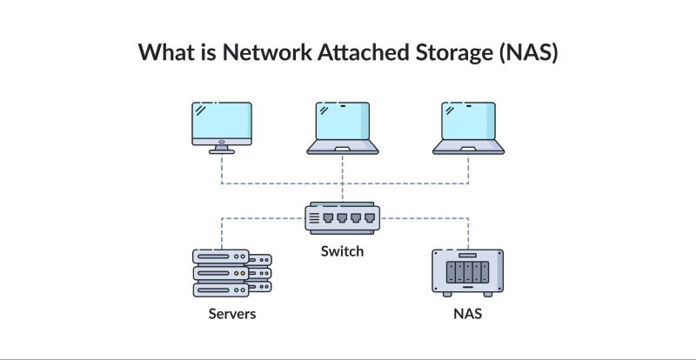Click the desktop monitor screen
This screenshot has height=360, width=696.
coord(222,121)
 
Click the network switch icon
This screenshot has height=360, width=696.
coord(343,217)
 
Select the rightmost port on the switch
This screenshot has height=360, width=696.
coord(367,217)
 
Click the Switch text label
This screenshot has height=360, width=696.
coord(342,251)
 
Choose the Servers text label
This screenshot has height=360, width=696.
coord(232,313)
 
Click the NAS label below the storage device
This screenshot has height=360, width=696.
coord(468,313)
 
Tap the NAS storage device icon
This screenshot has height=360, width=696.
coord(468,271)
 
